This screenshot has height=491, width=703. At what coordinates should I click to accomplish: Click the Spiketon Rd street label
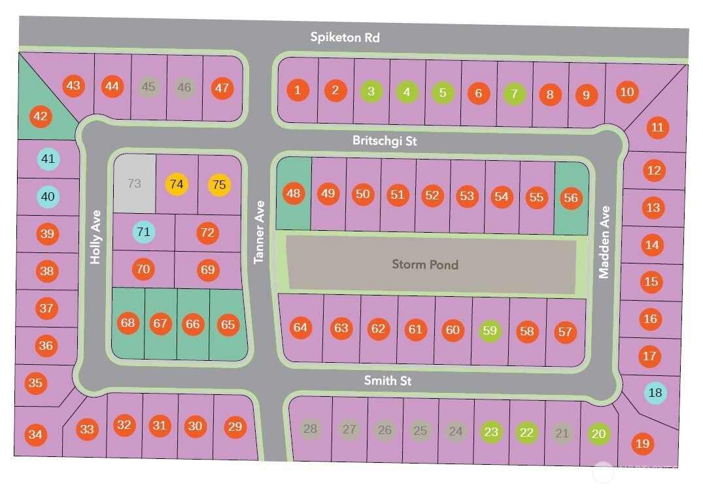click(345, 37)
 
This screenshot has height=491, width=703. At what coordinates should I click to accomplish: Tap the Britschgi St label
click(385, 141)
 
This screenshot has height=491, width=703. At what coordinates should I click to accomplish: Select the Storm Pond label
click(425, 264)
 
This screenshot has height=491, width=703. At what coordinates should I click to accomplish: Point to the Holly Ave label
click(95, 237)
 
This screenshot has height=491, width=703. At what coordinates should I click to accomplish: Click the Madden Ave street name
click(605, 242)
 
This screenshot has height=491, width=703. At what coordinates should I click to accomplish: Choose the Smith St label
click(387, 381)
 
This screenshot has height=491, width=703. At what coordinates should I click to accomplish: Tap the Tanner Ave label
click(259, 232)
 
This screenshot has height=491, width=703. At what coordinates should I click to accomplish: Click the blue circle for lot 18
click(655, 393)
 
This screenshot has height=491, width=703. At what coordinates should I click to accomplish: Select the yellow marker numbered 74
click(177, 184)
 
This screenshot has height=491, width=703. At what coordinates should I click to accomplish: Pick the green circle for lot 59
click(490, 331)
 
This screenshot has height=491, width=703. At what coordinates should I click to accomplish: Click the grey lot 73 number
click(134, 184)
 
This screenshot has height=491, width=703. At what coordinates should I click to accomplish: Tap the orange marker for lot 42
click(41, 116)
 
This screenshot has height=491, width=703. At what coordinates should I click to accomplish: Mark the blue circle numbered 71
click(143, 232)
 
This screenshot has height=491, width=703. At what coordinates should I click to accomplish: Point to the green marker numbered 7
click(514, 93)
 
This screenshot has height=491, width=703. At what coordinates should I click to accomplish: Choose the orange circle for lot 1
click(298, 90)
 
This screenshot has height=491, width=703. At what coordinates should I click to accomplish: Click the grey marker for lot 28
click(310, 429)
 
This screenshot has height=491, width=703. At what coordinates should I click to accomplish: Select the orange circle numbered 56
click(571, 197)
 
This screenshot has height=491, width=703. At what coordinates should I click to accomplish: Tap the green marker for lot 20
click(598, 433)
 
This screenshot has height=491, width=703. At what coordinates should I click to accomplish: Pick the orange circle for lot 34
click(35, 434)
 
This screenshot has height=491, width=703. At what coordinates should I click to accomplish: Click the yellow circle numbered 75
click(219, 185)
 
